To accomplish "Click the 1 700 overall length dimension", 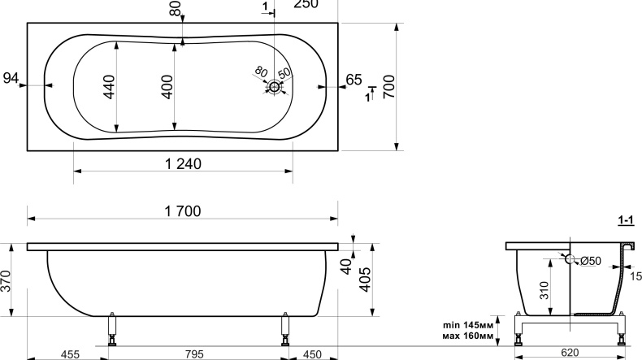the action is tap(183, 211).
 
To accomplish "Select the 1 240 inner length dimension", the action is tap(183, 164).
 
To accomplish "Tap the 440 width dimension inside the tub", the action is tap(109, 86).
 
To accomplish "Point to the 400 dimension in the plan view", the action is tap(167, 86).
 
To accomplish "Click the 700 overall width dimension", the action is tap(389, 86).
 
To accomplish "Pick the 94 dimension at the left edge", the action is tap(11, 78).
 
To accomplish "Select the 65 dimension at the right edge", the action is tap(354, 80).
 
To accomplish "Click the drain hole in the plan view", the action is tap(274, 87).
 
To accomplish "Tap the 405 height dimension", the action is tap(365, 280).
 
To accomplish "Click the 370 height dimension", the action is tap(6, 281).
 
